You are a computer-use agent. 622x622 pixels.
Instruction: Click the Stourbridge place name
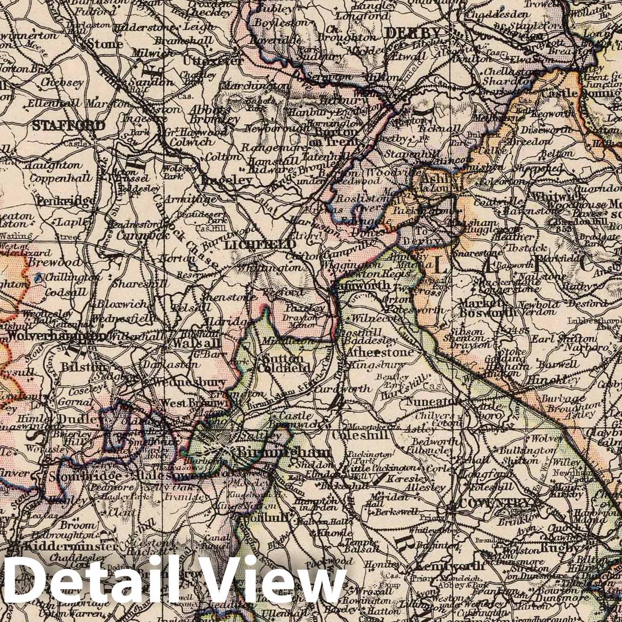(x=85, y=476)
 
